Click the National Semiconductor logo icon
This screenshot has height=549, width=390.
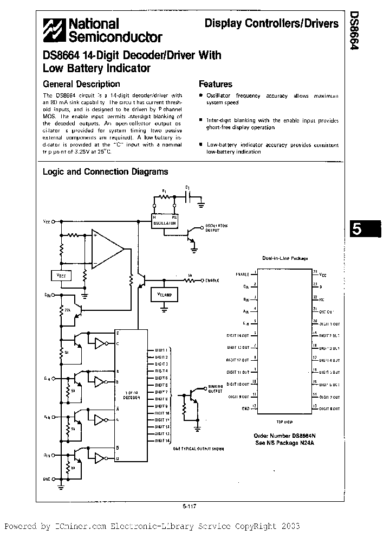pos(54,30)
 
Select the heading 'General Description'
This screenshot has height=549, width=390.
pos(81,84)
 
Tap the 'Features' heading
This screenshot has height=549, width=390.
pos(215,84)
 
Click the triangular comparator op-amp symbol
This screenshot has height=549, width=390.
pos(107,250)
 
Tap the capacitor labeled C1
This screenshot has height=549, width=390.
pos(187,198)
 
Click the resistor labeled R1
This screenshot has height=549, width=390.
pos(165,198)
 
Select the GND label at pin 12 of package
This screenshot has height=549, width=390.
pos(245,408)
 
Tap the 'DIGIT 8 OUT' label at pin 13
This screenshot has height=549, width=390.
pos(329,408)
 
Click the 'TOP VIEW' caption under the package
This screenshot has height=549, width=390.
pos(284,421)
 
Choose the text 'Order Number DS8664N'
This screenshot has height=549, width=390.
pos(284,435)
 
